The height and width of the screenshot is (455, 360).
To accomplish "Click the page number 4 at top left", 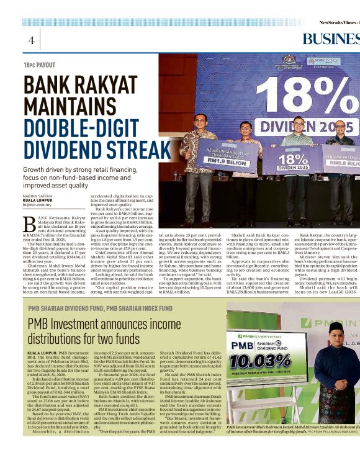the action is click(30, 40).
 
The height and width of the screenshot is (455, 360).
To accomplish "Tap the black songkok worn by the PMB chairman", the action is click(336, 327).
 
